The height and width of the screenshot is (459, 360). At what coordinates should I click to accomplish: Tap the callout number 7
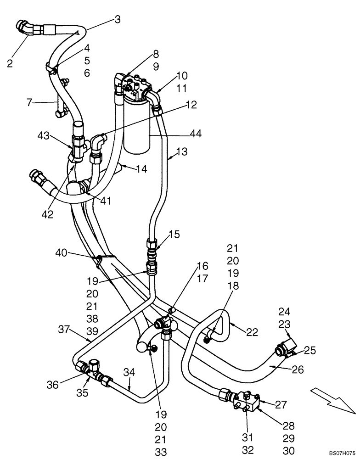point(30,102)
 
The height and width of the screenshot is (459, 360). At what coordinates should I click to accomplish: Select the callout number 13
point(182,152)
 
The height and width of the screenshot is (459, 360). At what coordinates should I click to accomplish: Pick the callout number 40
point(62,252)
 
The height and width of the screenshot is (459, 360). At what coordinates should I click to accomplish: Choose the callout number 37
point(64,329)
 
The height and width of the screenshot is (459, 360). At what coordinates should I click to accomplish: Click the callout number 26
point(298,369)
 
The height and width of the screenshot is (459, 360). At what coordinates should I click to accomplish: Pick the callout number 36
point(53,385)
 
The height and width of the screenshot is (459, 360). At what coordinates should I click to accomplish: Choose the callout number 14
point(141,169)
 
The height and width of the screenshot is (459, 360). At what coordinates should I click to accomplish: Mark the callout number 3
point(118,19)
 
